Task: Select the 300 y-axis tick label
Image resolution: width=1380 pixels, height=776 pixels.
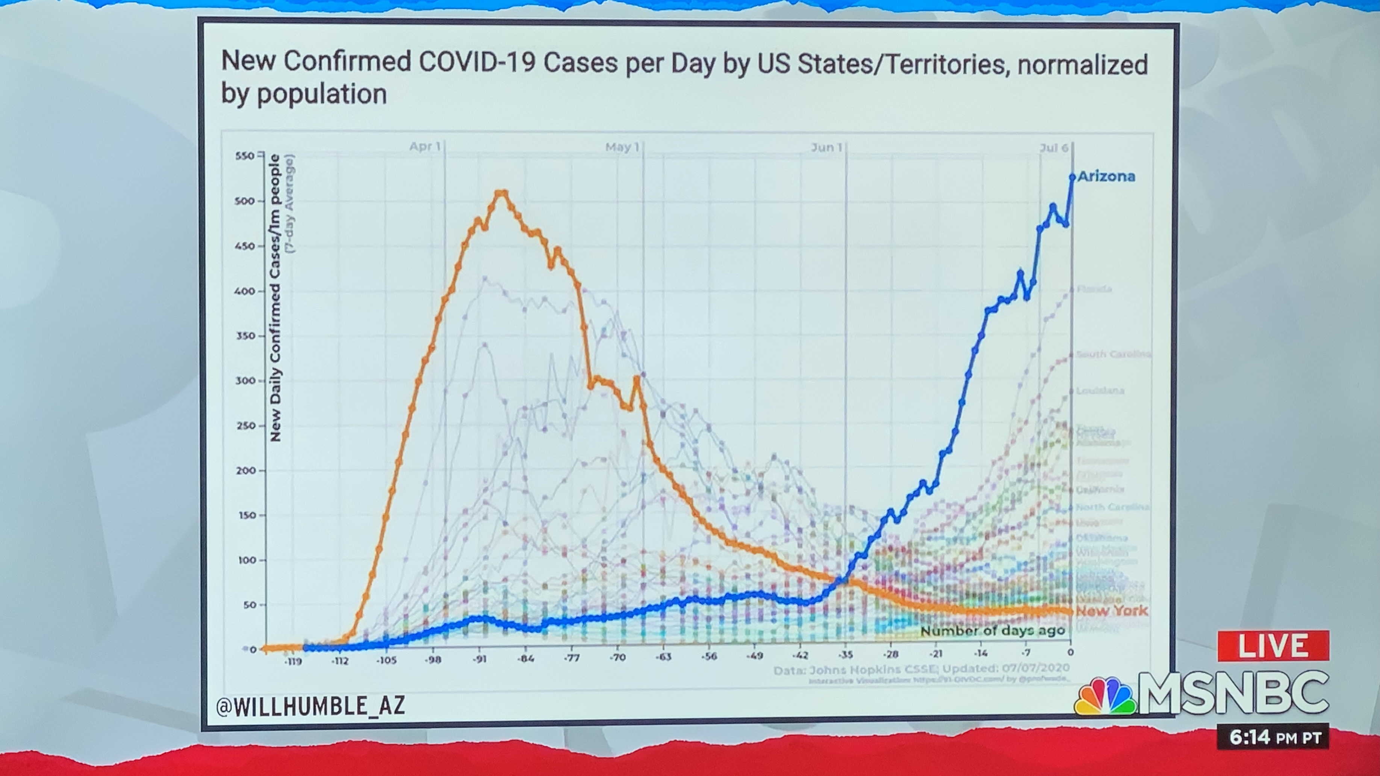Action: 244,381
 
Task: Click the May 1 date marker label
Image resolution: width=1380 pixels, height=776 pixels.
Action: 622,147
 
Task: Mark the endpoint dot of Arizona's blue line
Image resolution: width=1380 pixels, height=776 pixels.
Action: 1072,177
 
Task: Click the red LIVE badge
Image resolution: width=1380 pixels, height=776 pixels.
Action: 1273,646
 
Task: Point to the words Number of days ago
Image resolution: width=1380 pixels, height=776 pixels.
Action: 993,631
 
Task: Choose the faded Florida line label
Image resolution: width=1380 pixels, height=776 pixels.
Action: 1094,289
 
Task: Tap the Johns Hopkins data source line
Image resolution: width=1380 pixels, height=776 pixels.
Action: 922,669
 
